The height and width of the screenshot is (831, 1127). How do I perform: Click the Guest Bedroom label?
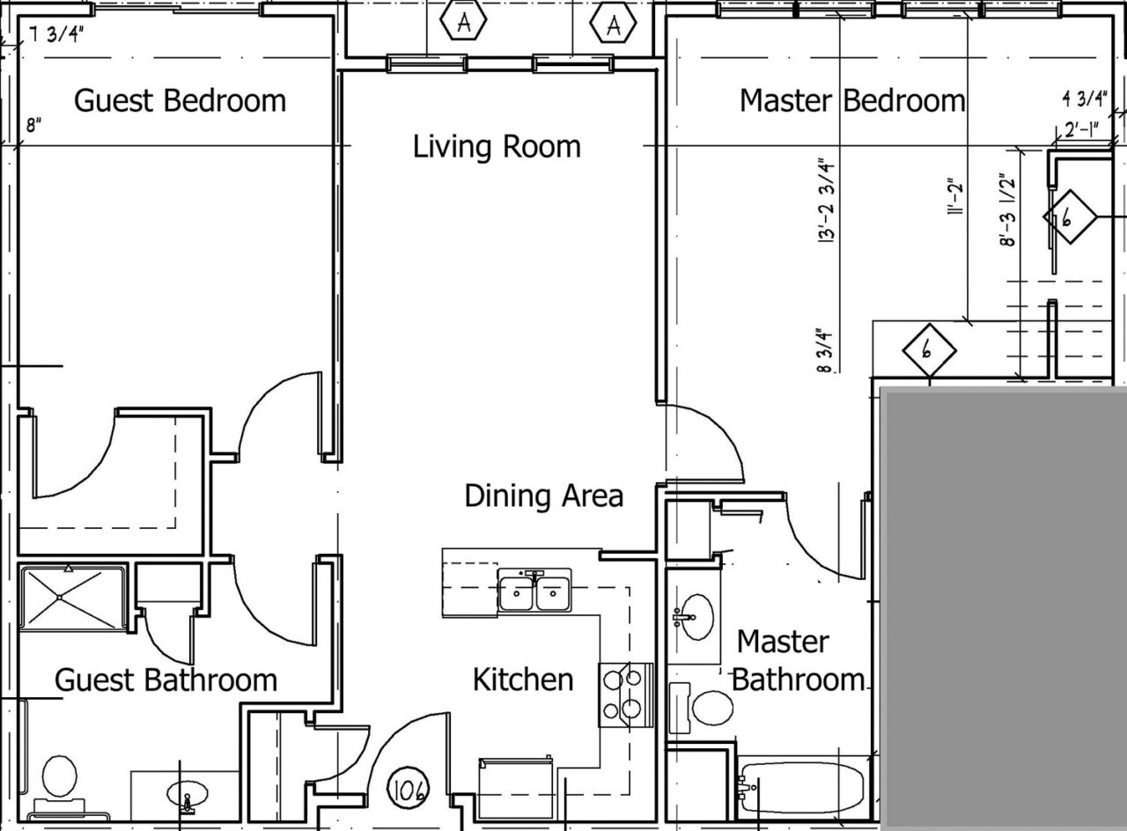pyautogui.click(x=180, y=100)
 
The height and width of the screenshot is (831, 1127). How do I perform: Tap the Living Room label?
pyautogui.click(x=497, y=146)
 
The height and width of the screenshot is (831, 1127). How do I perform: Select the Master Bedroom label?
pyautogui.click(x=851, y=100)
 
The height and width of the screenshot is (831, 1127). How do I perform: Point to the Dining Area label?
pyautogui.click(x=543, y=496)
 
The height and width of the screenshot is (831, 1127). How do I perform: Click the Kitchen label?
pyautogui.click(x=523, y=680)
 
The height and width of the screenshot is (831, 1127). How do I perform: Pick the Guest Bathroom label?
pyautogui.click(x=166, y=680)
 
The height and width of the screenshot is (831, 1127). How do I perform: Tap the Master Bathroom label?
pyautogui.click(x=798, y=660)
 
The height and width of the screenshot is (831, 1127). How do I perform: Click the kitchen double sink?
pyautogui.click(x=534, y=592)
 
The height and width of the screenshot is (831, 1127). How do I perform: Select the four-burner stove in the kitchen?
pyautogui.click(x=626, y=694)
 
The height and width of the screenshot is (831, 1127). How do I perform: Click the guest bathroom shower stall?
pyautogui.click(x=72, y=598)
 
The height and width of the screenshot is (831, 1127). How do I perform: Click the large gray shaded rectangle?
pyautogui.click(x=1004, y=607)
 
